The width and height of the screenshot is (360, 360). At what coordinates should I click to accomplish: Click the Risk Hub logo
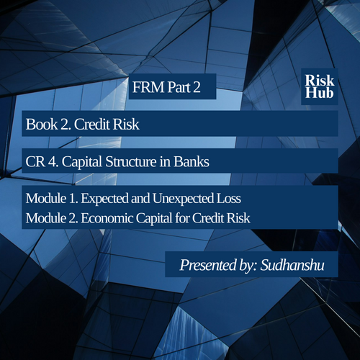pyautogui.click(x=320, y=86)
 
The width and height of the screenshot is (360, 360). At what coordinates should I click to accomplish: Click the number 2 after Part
pyautogui.click(x=197, y=87)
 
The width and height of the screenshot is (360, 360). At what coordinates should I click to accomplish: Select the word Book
pyautogui.click(x=42, y=124)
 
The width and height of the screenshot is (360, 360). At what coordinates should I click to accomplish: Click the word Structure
pyautogui.click(x=131, y=161)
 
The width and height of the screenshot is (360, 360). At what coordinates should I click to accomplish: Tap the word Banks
pyautogui.click(x=192, y=161)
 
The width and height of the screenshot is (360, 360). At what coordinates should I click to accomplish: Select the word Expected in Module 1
pyautogui.click(x=104, y=199)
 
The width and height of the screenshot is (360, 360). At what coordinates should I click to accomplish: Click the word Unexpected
pyautogui.click(x=183, y=199)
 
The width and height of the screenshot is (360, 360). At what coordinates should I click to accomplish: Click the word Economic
pyautogui.click(x=107, y=218)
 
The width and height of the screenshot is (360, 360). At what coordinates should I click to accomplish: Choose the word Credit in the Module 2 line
pyautogui.click(x=208, y=218)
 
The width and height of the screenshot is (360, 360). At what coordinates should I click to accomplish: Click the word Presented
pyautogui.click(x=208, y=265)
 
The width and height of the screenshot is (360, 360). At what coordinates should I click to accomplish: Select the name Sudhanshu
pyautogui.click(x=292, y=265)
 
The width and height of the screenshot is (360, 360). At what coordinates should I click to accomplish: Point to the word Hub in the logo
pyautogui.click(x=320, y=93)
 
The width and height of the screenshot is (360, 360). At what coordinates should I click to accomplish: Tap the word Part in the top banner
pyautogui.click(x=179, y=87)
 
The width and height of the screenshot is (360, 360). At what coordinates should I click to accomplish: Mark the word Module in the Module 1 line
pyautogui.click(x=46, y=199)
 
